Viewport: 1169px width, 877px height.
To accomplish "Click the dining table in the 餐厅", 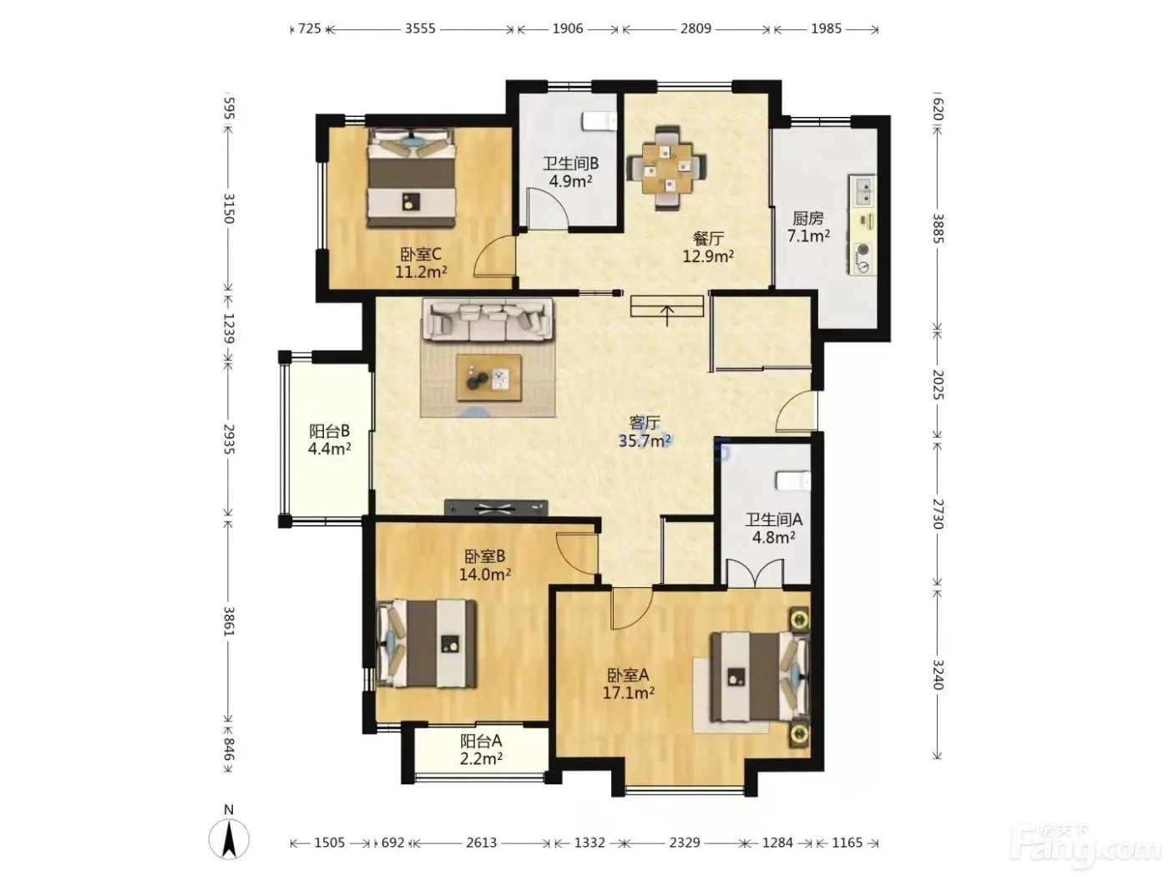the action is coord(666,167).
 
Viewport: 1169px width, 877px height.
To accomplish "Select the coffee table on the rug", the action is coord(488,378).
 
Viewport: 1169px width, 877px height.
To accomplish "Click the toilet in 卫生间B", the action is coord(600,121).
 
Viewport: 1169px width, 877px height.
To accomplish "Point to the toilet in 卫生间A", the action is coord(793,480).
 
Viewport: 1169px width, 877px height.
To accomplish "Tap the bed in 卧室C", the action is coord(411,177).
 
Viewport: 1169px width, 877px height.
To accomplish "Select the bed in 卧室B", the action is coord(427,643).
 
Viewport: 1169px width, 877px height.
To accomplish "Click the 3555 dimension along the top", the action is coord(420,28).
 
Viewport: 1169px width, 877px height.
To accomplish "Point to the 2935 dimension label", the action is coord(229,438).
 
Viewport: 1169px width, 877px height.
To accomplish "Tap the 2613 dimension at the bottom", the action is coord(482,843).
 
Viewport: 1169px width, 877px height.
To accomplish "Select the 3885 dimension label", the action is coord(938,228).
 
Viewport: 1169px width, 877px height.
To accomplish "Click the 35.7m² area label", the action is coord(645,441).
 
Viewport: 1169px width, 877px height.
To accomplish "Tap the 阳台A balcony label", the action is coord(481,741).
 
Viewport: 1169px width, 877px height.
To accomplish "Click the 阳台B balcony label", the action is coord(329,430).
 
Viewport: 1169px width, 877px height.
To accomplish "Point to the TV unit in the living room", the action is coord(496,508).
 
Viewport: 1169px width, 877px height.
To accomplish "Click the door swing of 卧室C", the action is coord(494,256).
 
